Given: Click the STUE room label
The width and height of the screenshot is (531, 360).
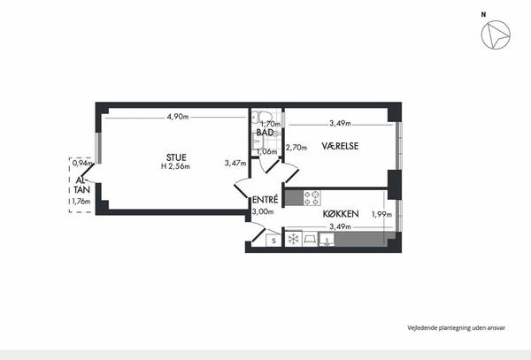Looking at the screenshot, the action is [x=176, y=157].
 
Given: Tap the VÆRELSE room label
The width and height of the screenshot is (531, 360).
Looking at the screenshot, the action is [x=340, y=146].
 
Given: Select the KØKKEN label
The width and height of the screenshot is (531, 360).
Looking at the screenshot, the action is [x=341, y=214].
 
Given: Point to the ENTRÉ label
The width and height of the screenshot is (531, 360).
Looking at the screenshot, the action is [x=265, y=199].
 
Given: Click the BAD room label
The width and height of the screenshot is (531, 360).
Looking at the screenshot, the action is [x=265, y=133].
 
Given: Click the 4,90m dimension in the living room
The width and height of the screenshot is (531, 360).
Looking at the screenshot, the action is [x=178, y=117].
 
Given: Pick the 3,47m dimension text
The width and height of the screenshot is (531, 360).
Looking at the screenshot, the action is [x=235, y=163].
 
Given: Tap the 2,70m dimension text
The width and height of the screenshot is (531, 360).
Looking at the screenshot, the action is [x=296, y=148].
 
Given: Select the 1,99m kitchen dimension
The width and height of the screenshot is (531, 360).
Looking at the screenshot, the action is [x=381, y=214].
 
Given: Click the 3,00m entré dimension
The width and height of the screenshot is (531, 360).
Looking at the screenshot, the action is [x=263, y=211].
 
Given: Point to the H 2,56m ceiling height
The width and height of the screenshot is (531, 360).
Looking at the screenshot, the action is [x=175, y=166].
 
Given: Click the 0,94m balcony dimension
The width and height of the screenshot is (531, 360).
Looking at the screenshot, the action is [x=82, y=163].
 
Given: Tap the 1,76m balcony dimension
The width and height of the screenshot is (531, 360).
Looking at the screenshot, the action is [x=81, y=202].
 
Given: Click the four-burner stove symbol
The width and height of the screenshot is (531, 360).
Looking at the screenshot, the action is [x=312, y=198].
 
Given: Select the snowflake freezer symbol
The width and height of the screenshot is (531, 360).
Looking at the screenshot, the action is [x=293, y=239].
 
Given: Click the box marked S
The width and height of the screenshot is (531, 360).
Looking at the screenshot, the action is [x=273, y=241].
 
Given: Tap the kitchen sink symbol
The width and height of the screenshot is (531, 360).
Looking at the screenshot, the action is [x=327, y=240].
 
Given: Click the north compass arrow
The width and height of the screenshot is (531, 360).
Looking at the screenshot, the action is [x=496, y=34].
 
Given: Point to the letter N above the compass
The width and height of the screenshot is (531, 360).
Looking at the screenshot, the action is [x=483, y=14].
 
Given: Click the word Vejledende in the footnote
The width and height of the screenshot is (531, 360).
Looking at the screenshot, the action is [x=422, y=327].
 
